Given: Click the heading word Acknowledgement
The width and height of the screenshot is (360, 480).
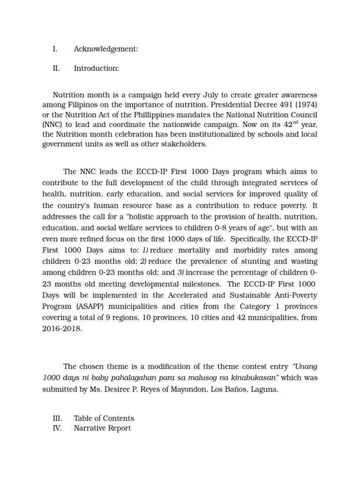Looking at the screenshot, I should pyautogui.click(x=105, y=49).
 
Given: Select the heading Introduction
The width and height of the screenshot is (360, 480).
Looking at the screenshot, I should pyautogui.click(x=96, y=68).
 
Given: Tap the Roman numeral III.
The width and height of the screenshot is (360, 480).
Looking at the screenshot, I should pyautogui.click(x=57, y=418).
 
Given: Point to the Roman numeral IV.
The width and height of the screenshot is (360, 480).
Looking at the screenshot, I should pyautogui.click(x=57, y=428).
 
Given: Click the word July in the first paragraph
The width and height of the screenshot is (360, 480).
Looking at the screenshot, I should pyautogui.click(x=203, y=95).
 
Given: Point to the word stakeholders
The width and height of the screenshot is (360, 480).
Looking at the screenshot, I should pyautogui.click(x=185, y=144).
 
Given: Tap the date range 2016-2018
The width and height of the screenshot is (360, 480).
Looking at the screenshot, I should pyautogui.click(x=62, y=329).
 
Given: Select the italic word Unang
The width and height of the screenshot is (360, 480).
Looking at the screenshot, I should pyautogui.click(x=302, y=366).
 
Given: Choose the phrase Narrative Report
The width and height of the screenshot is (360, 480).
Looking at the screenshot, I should pyautogui.click(x=102, y=428).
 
